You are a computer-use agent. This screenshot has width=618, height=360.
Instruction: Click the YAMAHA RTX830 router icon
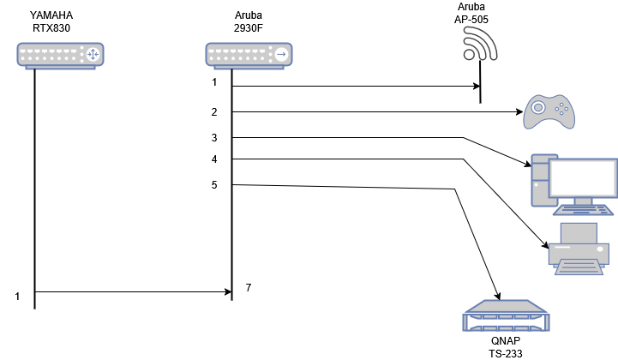pyautogui.click(x=60, y=56)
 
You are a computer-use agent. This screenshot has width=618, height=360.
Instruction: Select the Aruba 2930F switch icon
pyautogui.click(x=249, y=56)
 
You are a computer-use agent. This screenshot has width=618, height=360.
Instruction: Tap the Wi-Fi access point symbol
pyautogui.click(x=480, y=45)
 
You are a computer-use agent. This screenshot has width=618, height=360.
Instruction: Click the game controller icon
pyautogui.click(x=549, y=111)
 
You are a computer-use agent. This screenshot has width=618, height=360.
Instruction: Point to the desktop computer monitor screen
pyautogui.click(x=584, y=177)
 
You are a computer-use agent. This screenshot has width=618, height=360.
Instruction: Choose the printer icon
pyautogui.click(x=579, y=249)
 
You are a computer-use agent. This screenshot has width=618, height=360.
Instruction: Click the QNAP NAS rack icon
pyautogui.click(x=506, y=315)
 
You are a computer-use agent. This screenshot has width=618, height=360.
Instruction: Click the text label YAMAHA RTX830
pyautogui.click(x=51, y=21)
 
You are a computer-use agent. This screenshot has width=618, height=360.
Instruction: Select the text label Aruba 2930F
pyautogui.click(x=249, y=21)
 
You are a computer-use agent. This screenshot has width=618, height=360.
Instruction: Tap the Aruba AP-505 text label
pyautogui.click(x=471, y=13)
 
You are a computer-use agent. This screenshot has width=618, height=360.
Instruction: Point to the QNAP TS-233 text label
pyautogui.click(x=506, y=347)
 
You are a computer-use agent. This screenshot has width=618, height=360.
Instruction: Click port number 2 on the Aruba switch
pyautogui.click(x=214, y=112)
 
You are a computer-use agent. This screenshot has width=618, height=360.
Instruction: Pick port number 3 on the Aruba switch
pyautogui.click(x=214, y=138)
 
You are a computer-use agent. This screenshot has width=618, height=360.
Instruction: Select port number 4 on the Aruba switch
pyautogui.click(x=214, y=159)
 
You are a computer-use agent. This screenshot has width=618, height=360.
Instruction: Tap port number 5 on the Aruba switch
pyautogui.click(x=214, y=185)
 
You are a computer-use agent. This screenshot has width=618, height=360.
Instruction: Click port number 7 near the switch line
pyautogui.click(x=249, y=288)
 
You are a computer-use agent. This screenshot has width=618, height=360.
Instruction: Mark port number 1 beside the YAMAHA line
pyautogui.click(x=17, y=297)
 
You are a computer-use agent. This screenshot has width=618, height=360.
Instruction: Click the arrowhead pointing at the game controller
pyautogui.click(x=520, y=112)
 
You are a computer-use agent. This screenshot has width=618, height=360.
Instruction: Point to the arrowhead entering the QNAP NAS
pyautogui.click(x=498, y=296)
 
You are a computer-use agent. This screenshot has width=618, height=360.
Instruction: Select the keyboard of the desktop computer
pyautogui.click(x=584, y=210)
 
